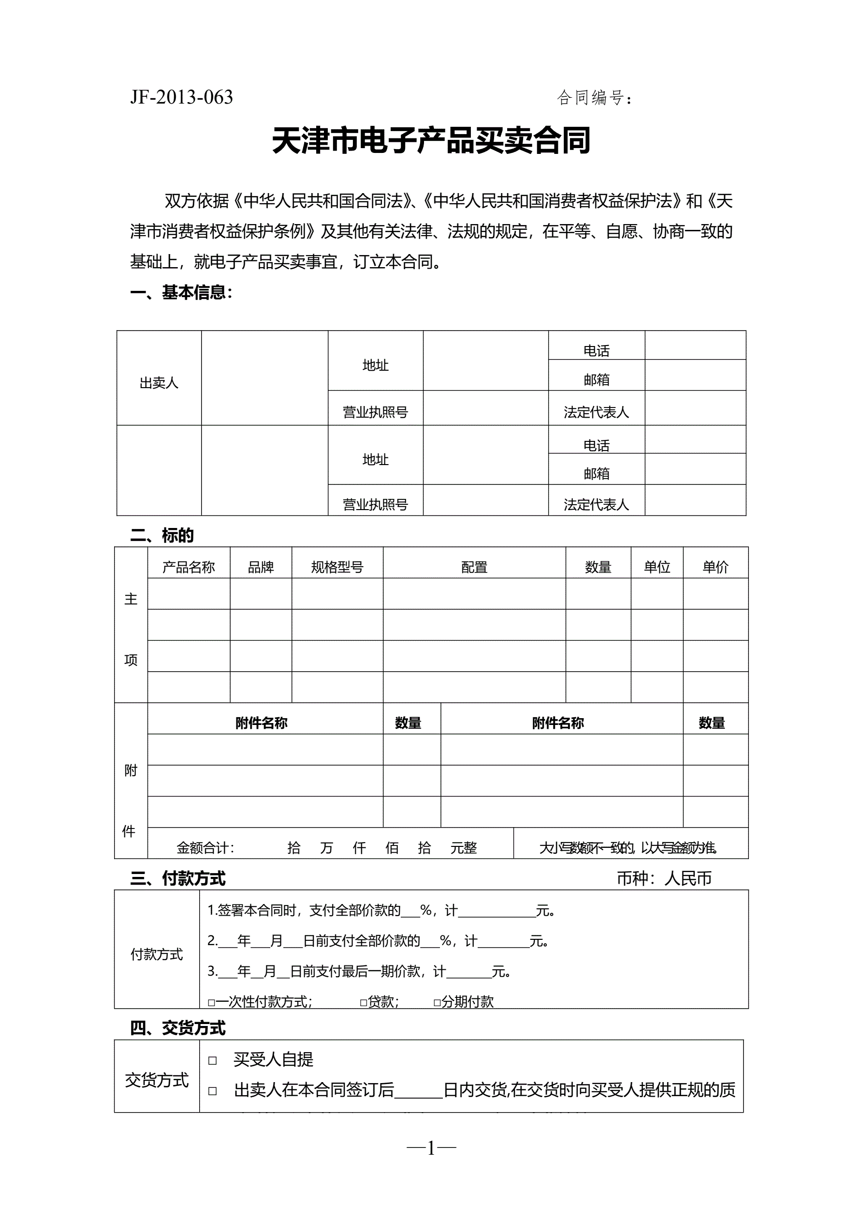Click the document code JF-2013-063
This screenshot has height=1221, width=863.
click(181, 97)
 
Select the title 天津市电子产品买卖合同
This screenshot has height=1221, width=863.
click(431, 141)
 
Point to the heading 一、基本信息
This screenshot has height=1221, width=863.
click(181, 292)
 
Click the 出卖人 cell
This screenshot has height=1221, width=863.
click(159, 383)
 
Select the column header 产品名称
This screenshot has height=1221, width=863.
click(189, 567)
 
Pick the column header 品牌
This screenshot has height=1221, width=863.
click(261, 567)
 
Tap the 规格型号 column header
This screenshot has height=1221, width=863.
click(337, 567)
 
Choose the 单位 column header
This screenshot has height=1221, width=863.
click(657, 567)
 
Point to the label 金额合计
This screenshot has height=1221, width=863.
click(205, 848)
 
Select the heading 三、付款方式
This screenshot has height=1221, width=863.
click(177, 878)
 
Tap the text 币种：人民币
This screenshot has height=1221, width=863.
click(664, 878)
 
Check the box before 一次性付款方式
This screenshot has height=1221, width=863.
click(211, 1003)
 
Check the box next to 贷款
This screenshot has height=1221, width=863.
click(364, 1003)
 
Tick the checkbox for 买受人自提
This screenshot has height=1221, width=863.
click(213, 1060)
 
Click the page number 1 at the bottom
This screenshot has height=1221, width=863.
click(431, 1149)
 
